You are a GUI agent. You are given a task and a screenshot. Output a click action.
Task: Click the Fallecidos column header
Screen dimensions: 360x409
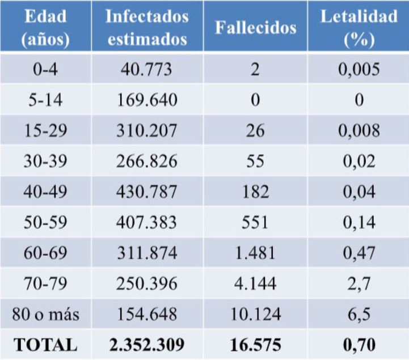tap(255, 28)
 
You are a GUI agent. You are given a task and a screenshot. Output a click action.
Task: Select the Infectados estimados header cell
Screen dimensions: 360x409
tap(147, 27)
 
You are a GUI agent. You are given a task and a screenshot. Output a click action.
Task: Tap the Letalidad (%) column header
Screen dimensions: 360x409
tap(359, 27)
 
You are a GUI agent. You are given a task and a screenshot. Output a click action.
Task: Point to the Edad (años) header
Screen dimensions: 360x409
tap(45, 27)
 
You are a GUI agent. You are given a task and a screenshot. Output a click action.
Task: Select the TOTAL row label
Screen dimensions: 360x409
tap(45, 344)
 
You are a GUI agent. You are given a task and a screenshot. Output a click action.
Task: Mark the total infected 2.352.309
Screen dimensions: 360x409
tap(147, 344)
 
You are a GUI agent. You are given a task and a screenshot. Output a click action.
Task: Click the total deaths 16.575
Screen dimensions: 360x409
tap(255, 344)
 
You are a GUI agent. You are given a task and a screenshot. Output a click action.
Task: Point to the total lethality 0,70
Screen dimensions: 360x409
tap(359, 344)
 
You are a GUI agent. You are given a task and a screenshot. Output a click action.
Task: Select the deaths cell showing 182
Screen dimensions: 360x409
tap(255, 192)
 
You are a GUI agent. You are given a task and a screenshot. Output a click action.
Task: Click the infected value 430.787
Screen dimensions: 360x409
tap(147, 192)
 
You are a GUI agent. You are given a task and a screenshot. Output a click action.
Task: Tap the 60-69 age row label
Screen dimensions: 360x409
tap(45, 253)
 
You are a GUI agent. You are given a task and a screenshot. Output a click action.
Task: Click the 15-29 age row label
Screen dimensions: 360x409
tap(45, 130)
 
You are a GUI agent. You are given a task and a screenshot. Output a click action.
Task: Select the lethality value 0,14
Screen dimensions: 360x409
tap(359, 222)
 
